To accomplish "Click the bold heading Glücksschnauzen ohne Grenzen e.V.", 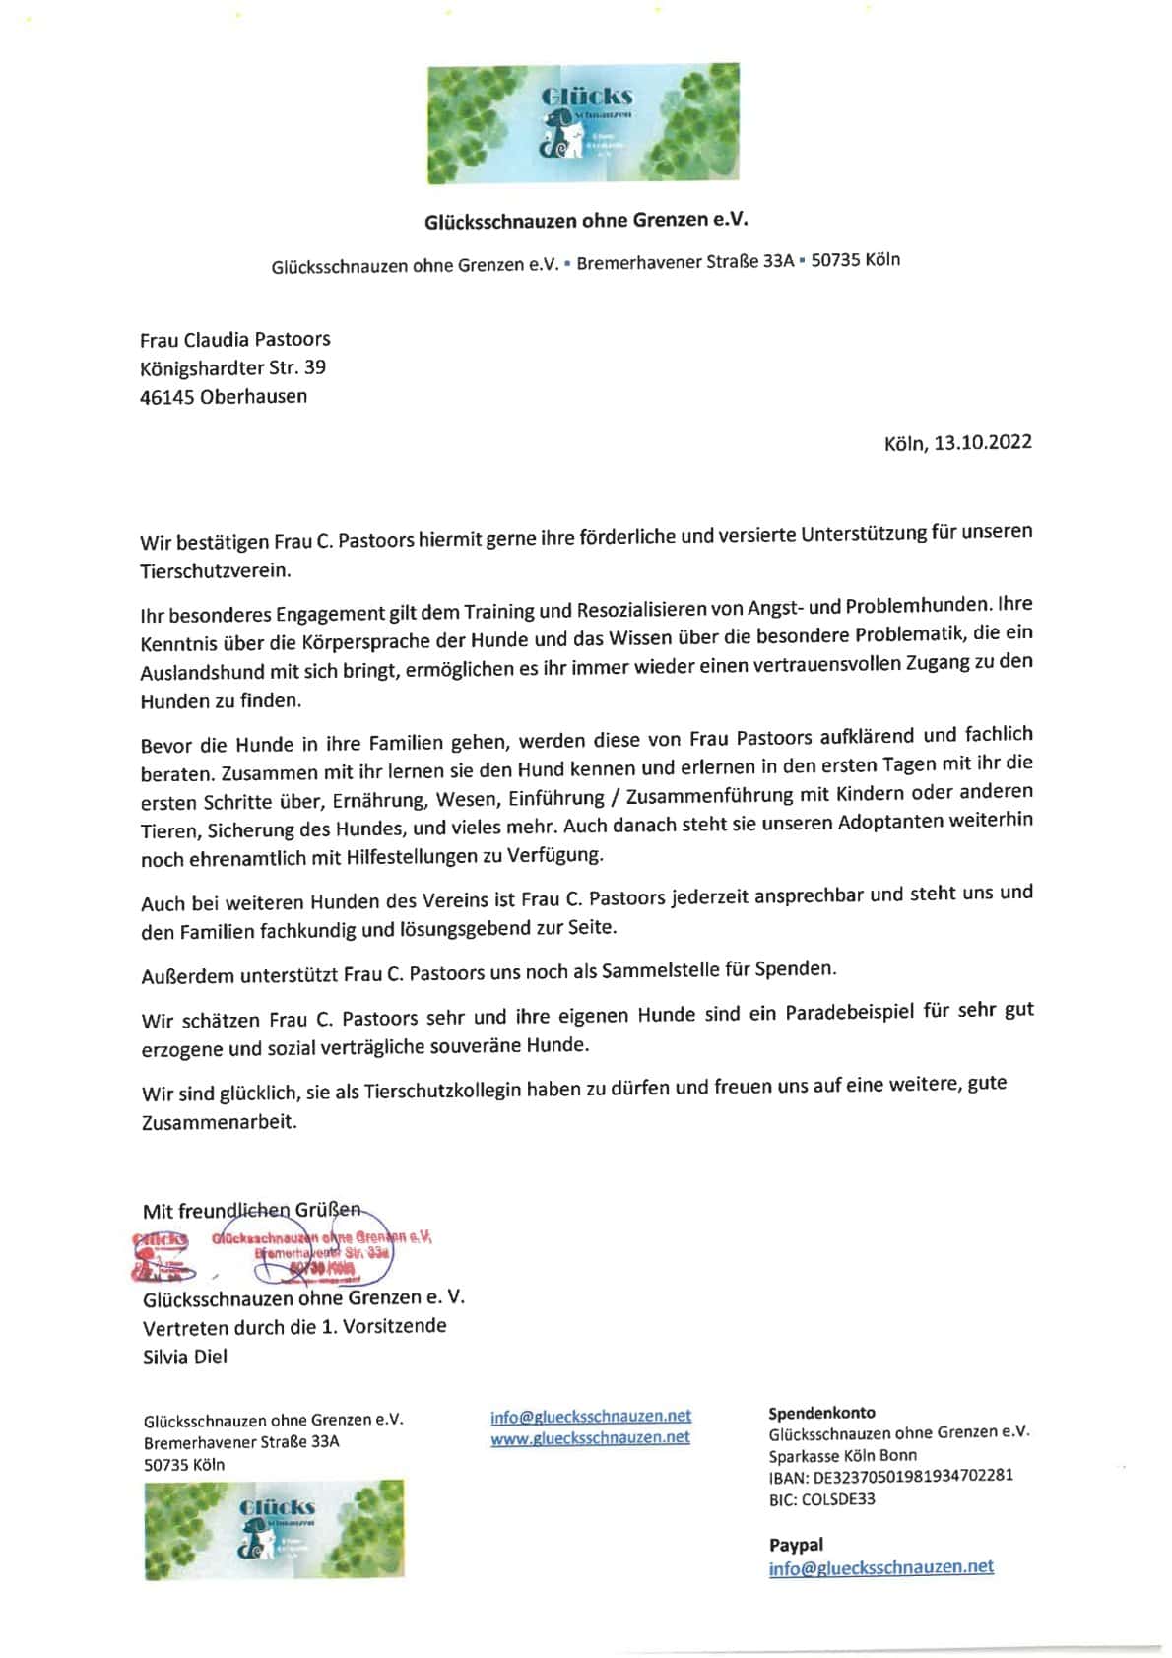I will pos(586,220).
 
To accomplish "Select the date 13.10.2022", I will pos(982,442).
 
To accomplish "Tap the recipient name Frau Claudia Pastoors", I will pos(234,340).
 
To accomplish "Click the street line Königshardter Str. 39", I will pos(232,368).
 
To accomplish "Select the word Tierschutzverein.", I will pos(215,570).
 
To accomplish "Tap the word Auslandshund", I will pos(202,673).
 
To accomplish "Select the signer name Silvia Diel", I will pos(185,1357).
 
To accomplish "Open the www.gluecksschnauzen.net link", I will pos(590,1437).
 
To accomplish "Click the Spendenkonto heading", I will pos(821,1413).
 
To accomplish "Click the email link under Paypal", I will pos(880,1567).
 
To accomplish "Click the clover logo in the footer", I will pos(274,1529).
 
